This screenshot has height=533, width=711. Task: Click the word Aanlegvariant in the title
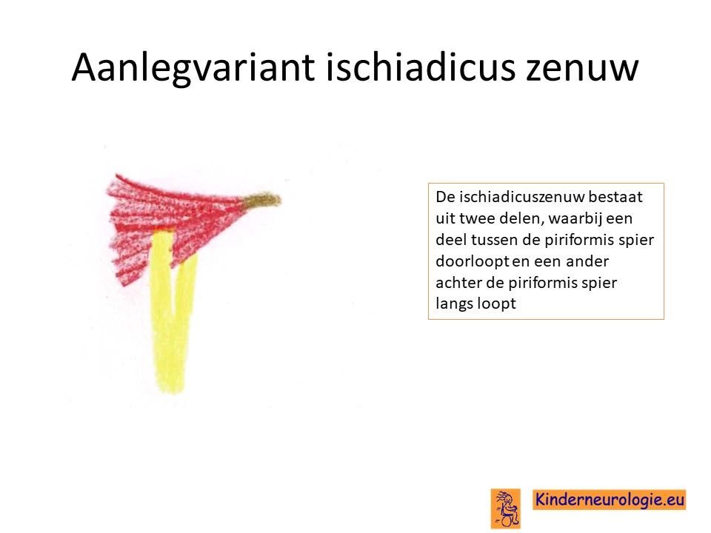click(x=193, y=68)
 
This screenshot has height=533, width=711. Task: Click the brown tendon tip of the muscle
click(x=262, y=200)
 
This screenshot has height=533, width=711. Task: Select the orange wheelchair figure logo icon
click(x=506, y=509)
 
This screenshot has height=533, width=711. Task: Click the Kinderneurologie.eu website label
click(x=610, y=500)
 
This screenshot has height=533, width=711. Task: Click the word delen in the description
click(x=521, y=218)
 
